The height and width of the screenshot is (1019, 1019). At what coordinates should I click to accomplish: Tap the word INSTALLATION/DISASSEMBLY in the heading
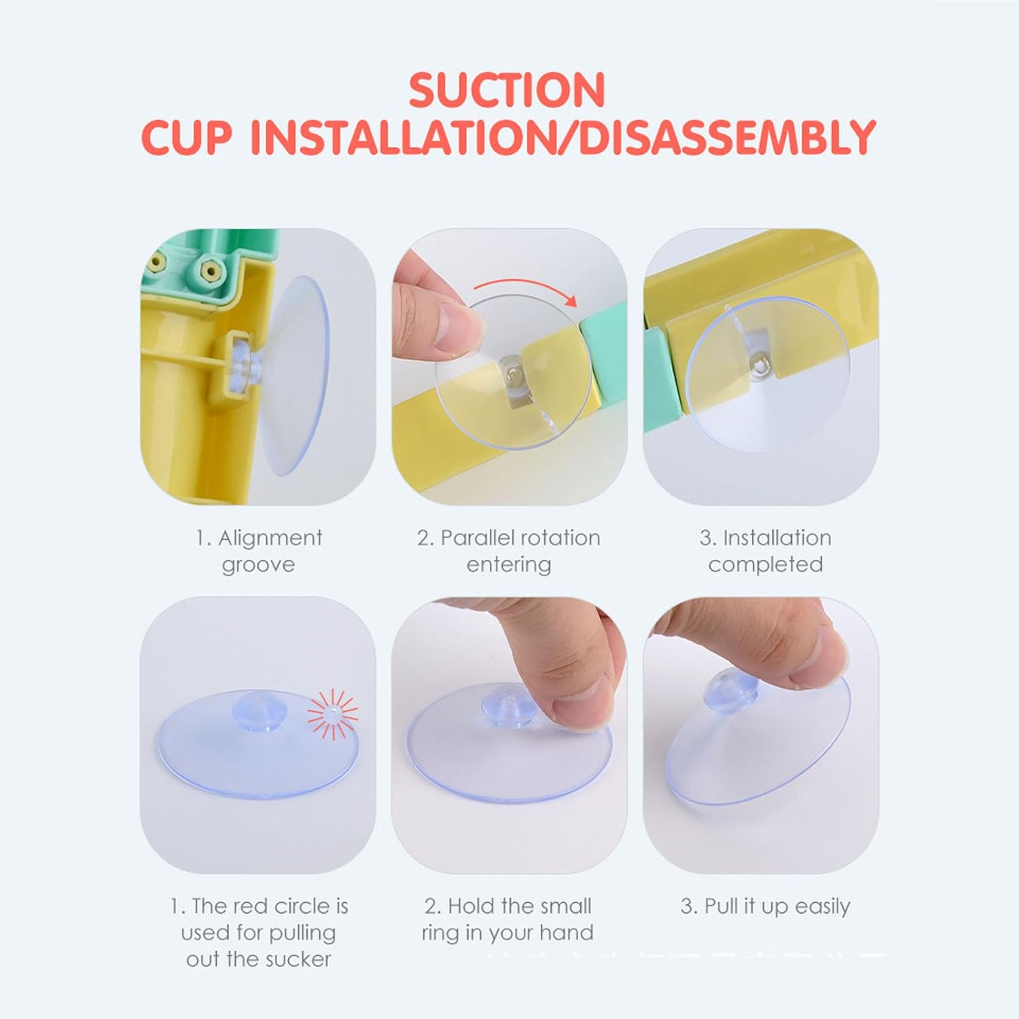pyautogui.click(x=562, y=137)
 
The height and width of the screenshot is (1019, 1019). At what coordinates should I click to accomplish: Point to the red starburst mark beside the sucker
pyautogui.click(x=332, y=713)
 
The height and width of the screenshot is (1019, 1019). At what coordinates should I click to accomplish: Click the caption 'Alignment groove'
pyautogui.click(x=259, y=551)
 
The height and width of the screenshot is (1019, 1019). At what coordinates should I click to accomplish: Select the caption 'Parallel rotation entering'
pyautogui.click(x=509, y=551)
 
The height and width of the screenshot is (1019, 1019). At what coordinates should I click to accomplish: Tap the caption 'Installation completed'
pyautogui.click(x=766, y=551)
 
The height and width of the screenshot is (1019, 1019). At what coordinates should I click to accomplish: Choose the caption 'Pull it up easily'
pyautogui.click(x=766, y=906)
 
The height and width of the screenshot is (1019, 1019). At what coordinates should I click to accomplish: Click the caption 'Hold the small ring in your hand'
pyautogui.click(x=507, y=919)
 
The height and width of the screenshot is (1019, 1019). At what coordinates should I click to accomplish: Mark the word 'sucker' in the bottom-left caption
pyautogui.click(x=298, y=959)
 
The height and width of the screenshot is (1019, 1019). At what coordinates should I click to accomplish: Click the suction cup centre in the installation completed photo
pyautogui.click(x=757, y=366)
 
